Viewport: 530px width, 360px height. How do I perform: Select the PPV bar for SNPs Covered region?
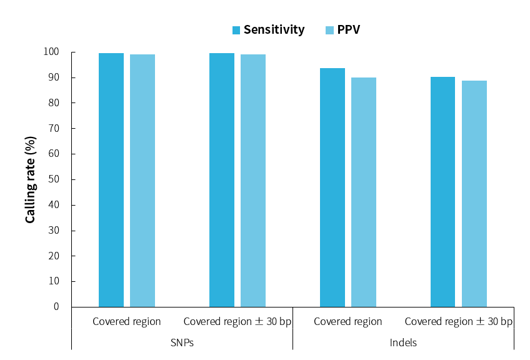click(142, 181)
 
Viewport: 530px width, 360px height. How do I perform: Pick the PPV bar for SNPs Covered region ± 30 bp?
click(253, 181)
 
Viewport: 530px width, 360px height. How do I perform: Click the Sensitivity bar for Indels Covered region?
click(332, 187)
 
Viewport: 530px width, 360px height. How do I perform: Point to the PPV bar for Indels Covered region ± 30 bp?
click(474, 194)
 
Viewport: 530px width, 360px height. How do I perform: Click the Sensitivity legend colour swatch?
click(236, 30)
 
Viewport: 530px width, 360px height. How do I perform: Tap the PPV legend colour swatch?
click(330, 30)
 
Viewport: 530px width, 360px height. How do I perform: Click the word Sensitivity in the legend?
click(274, 30)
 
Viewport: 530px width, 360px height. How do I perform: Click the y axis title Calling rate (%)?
click(30, 179)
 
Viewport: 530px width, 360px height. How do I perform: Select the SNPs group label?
click(182, 342)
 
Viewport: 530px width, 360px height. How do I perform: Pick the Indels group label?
click(403, 342)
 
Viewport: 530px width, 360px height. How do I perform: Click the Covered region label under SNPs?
click(127, 322)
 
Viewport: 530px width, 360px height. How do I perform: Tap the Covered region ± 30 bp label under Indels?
click(458, 322)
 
